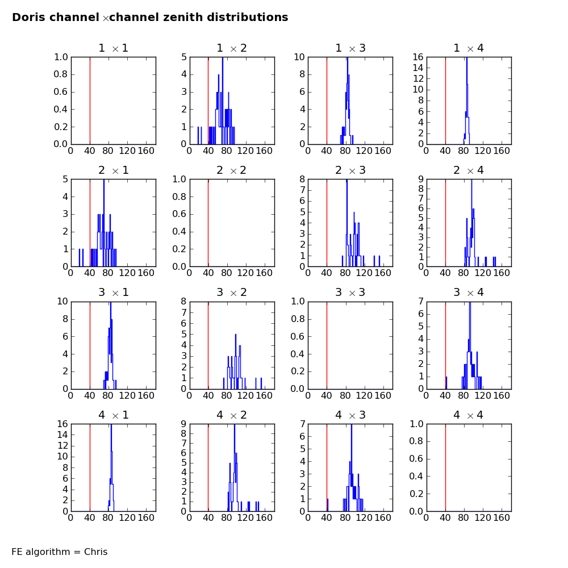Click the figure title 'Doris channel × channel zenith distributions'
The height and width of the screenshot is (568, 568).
[150, 18]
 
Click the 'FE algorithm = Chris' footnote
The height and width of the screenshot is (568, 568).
[60, 552]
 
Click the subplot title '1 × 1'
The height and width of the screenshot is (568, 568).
[114, 48]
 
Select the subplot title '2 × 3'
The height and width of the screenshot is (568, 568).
[350, 170]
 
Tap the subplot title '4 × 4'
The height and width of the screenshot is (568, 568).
[469, 415]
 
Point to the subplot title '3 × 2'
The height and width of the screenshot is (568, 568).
[232, 293]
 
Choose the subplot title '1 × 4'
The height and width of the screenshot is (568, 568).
[469, 48]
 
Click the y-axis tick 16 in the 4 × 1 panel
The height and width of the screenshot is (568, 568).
[62, 424]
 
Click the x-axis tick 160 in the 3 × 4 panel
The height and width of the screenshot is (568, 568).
[501, 396]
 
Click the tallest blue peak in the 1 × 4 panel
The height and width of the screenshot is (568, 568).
[467, 60]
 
